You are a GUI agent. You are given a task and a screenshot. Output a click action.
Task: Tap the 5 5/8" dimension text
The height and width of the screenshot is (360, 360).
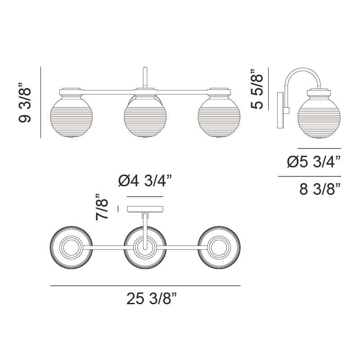point(257,89)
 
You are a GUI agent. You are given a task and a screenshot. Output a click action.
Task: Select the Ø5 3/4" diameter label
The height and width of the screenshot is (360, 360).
point(314,162)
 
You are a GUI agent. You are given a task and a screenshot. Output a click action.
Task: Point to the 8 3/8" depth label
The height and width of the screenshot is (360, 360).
point(319,190)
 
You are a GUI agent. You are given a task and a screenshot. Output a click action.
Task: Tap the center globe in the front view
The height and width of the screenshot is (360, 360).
point(144,116)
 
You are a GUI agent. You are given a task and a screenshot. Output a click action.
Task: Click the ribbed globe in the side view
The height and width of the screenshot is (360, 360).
point(319,116)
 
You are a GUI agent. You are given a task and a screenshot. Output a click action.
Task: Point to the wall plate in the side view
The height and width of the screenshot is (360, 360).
point(280,111)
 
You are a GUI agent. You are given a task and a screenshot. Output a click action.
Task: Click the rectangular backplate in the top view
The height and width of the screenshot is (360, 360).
point(145,209)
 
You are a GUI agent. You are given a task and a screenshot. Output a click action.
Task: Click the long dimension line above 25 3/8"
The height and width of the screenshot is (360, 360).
point(145,286)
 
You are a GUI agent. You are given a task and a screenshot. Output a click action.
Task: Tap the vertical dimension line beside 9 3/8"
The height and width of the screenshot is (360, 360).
point(41,103)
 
